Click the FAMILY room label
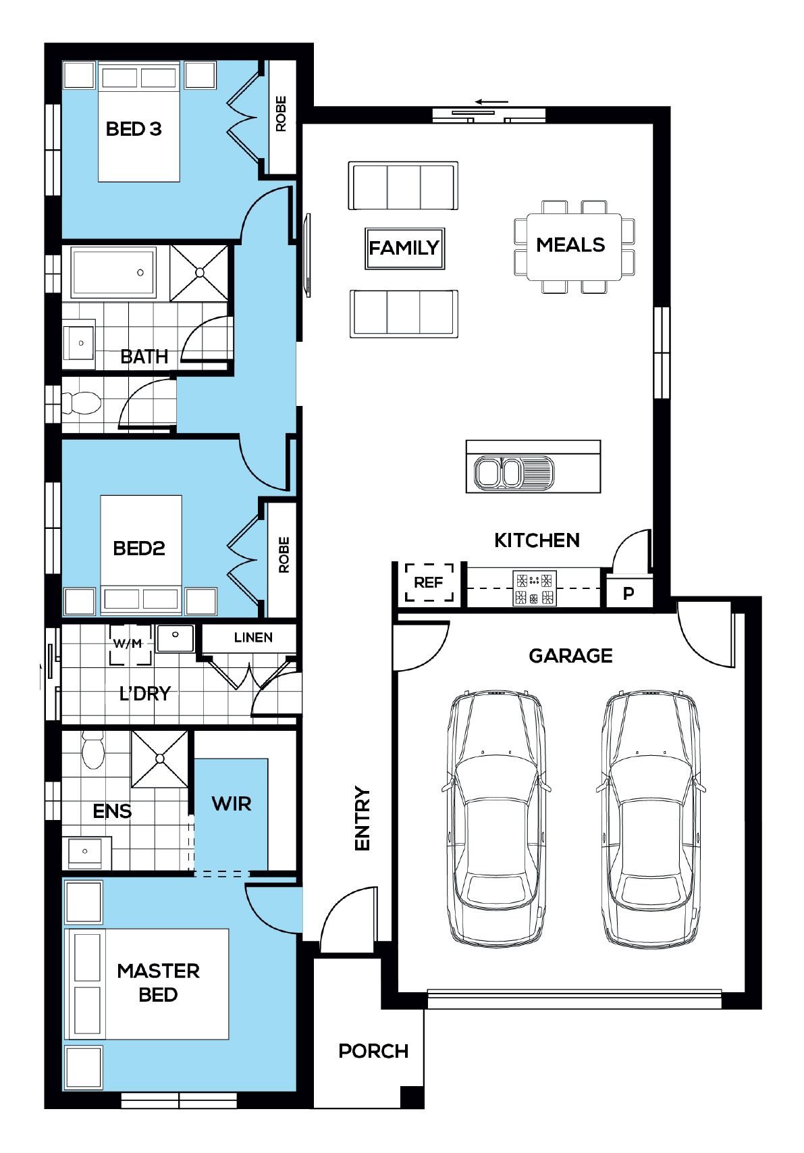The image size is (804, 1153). pyautogui.click(x=404, y=248)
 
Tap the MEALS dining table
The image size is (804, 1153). pyautogui.click(x=574, y=247)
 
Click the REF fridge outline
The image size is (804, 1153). pyautogui.click(x=429, y=582)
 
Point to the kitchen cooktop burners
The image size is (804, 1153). pyautogui.click(x=535, y=588)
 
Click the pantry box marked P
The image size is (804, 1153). pyautogui.click(x=628, y=593)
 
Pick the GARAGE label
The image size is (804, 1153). pyautogui.click(x=570, y=656)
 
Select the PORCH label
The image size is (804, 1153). pyautogui.click(x=373, y=1051)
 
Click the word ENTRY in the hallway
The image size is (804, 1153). pyautogui.click(x=363, y=819)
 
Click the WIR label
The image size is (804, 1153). pyautogui.click(x=232, y=804)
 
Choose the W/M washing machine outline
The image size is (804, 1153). pyautogui.click(x=131, y=644)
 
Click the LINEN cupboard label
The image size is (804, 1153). pyautogui.click(x=253, y=637)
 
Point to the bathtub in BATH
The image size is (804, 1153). pyautogui.click(x=113, y=272)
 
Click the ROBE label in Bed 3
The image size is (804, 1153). pyautogui.click(x=282, y=113)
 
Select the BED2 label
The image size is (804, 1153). pyautogui.click(x=139, y=548)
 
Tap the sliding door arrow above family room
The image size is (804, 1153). pyautogui.click(x=491, y=102)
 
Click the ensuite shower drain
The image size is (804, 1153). pyautogui.click(x=160, y=759)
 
